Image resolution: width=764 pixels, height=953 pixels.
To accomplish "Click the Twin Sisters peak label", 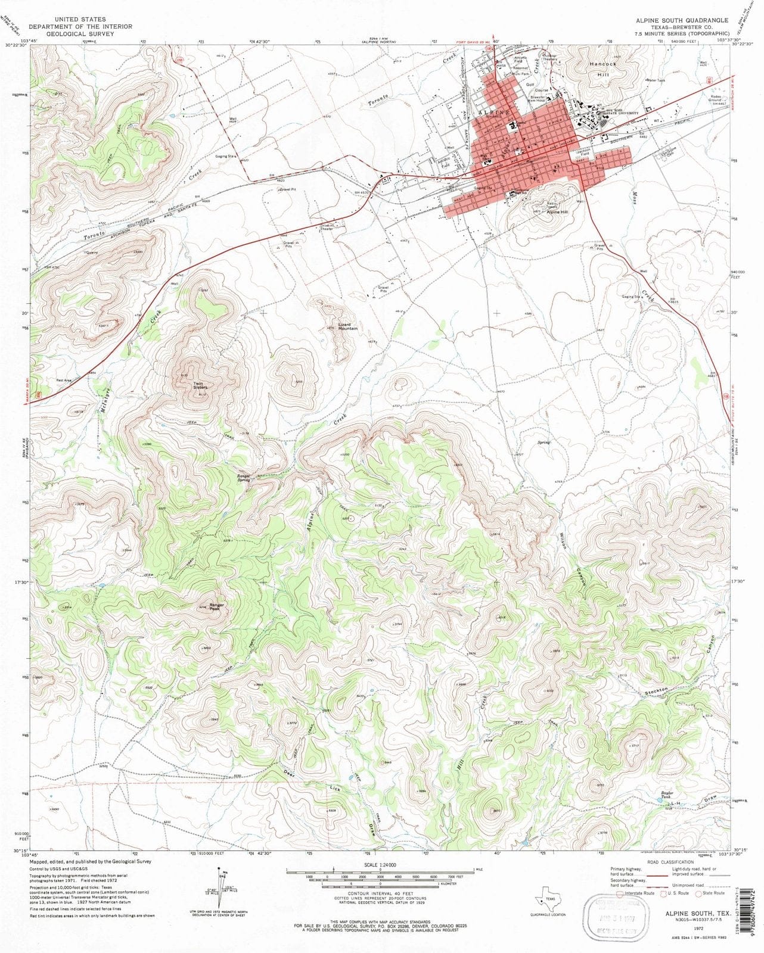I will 199,385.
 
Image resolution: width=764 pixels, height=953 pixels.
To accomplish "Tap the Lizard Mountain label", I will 347,326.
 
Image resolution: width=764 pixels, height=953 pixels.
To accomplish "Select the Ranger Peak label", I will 215,606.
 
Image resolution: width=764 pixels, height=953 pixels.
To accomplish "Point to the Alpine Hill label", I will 557,212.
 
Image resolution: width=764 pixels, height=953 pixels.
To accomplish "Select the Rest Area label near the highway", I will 64,381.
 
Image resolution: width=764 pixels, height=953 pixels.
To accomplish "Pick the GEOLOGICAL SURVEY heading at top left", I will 80,34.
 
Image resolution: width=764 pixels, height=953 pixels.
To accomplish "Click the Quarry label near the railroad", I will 91,253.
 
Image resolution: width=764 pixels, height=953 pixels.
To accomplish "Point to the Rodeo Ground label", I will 719,98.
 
